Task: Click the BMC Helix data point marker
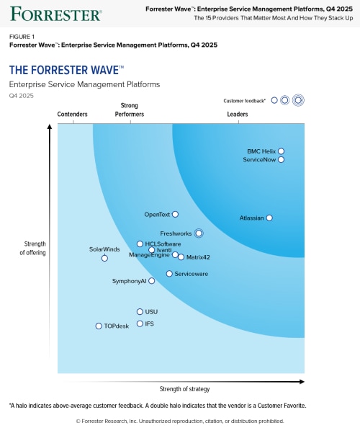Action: pyautogui.click(x=281, y=151)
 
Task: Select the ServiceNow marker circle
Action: pyautogui.click(x=281, y=159)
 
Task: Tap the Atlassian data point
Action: pyautogui.click(x=269, y=218)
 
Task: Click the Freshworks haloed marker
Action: pyautogui.click(x=199, y=233)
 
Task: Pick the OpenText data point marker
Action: pyautogui.click(x=175, y=214)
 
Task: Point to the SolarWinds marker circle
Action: pyautogui.click(x=104, y=258)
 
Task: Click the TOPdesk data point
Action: pyautogui.click(x=99, y=326)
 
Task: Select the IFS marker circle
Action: pyautogui.click(x=140, y=324)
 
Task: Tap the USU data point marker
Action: pyautogui.click(x=140, y=312)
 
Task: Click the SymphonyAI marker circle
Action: pyautogui.click(x=151, y=281)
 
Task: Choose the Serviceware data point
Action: pyautogui.click(x=169, y=274)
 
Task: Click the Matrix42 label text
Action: pyautogui.click(x=198, y=257)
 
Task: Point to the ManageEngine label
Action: pyautogui.click(x=150, y=255)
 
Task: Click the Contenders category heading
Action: pyautogui.click(x=72, y=114)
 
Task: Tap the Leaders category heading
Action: pyautogui.click(x=238, y=114)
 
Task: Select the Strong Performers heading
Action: pyautogui.click(x=130, y=110)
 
